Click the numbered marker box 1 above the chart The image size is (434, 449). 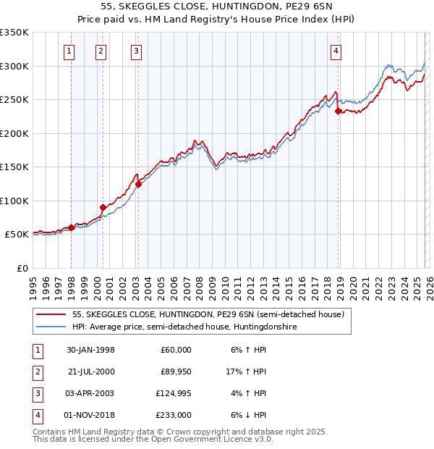coord(69,51)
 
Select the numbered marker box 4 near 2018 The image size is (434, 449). coord(337,51)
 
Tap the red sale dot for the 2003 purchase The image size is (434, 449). coord(137,184)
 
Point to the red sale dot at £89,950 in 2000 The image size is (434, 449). coord(103,208)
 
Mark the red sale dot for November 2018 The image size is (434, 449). coord(338,112)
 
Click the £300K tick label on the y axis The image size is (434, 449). coord(14,66)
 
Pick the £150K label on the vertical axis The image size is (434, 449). coord(14,167)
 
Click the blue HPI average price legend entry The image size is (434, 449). coord(184,327)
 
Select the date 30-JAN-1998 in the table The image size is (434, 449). coord(90,350)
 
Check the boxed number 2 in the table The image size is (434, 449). coord(35,372)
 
